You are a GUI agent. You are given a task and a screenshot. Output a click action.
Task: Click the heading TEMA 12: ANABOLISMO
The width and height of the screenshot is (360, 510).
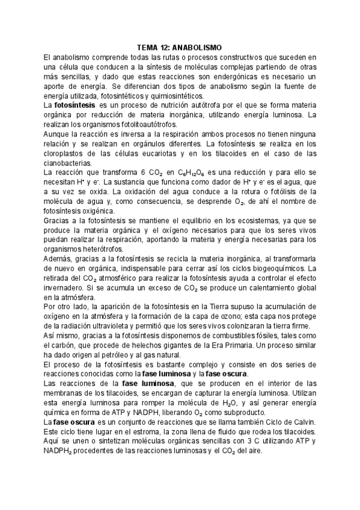tap(180, 48)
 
